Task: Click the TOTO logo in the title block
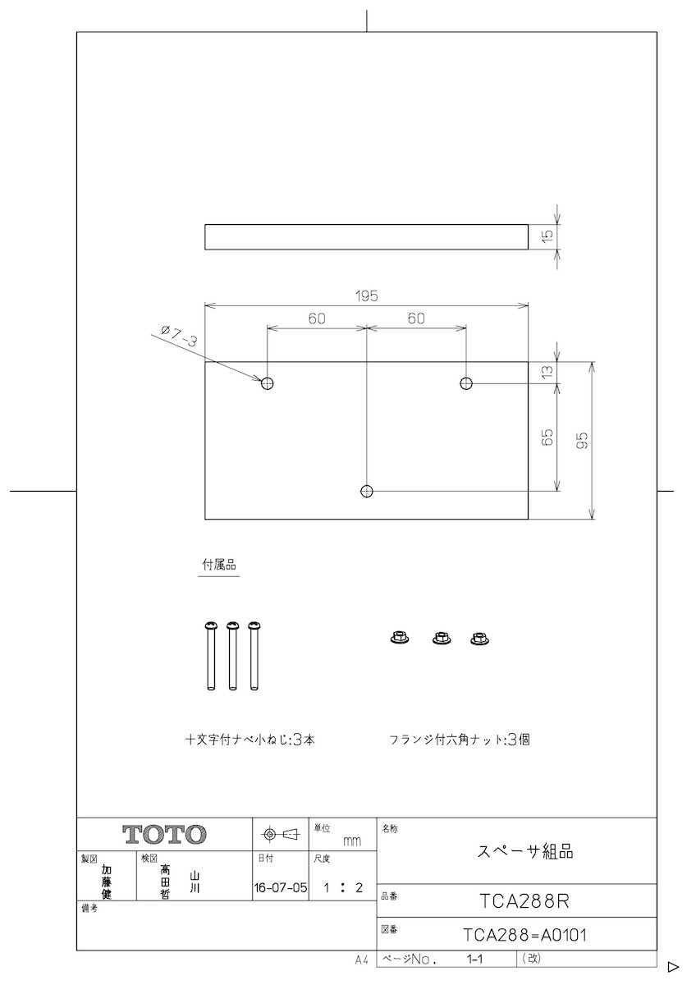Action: coord(165,835)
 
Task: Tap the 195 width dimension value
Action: coord(367,296)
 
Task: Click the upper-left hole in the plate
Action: coord(268,383)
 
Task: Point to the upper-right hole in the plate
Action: coord(466,383)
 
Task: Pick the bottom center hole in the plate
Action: coord(367,491)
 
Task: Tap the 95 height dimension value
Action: coord(582,440)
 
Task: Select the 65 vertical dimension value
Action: coord(548,437)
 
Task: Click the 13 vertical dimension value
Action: coord(548,371)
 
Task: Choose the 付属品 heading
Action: coord(218,566)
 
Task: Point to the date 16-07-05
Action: coord(281,887)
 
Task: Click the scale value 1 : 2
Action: coord(343,887)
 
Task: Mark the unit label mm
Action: coord(352,841)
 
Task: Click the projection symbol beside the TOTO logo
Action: coord(280,835)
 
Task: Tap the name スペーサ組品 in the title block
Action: coord(525,851)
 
